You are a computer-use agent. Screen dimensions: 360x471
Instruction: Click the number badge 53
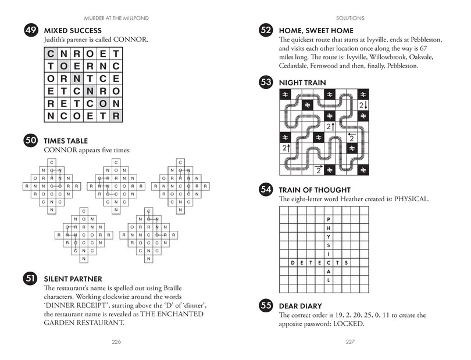(x=267, y=83)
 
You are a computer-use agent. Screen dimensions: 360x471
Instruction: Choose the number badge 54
(x=267, y=190)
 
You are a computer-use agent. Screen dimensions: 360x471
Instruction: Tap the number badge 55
(x=267, y=306)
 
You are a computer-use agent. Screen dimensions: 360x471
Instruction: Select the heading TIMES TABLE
(x=66, y=140)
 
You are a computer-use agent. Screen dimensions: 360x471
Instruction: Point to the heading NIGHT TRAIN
(x=302, y=83)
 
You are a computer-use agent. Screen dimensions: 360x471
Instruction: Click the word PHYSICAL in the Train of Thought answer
(x=411, y=199)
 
